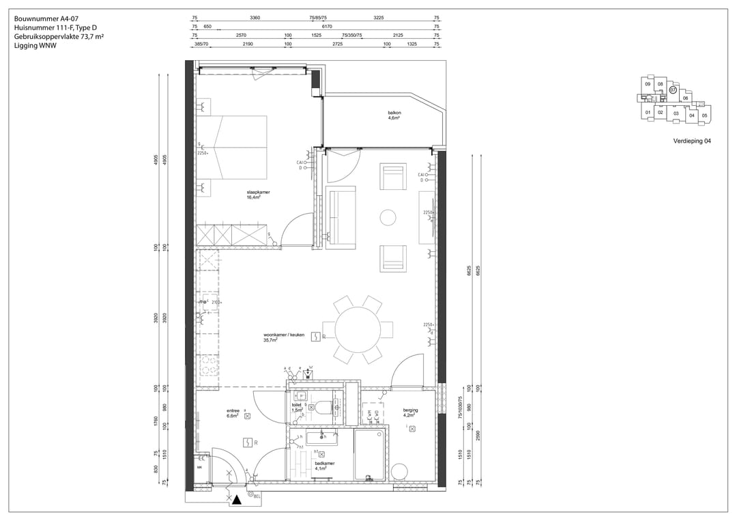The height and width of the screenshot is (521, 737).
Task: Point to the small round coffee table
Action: [x=388, y=218]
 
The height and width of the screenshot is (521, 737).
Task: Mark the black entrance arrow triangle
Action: [x=236, y=501]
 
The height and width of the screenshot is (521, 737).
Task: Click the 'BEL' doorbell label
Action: [x=257, y=496]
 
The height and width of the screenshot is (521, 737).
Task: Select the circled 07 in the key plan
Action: [x=672, y=89]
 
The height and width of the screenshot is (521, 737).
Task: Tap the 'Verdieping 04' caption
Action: [x=692, y=142]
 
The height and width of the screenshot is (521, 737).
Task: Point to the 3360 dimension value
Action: [x=255, y=17]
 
